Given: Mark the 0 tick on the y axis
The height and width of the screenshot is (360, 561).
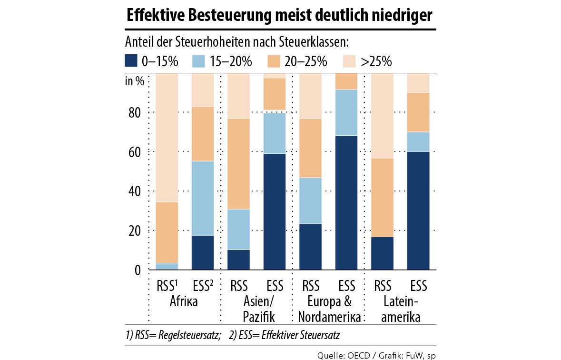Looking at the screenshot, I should click(x=138, y=270).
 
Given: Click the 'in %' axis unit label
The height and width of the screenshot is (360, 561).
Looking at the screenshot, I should click(x=135, y=80).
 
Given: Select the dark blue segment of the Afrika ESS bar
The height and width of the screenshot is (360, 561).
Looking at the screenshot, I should click(x=203, y=253).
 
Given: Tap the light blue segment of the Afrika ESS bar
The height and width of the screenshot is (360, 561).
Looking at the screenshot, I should click(x=203, y=199).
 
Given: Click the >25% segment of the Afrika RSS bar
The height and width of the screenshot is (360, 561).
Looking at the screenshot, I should click(x=167, y=138).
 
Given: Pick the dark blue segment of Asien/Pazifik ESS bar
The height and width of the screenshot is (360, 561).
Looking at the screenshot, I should click(x=275, y=211).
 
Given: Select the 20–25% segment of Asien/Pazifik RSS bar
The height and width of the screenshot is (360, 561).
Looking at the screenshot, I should click(x=238, y=163).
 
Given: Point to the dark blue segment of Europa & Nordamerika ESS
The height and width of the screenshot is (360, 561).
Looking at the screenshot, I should click(x=346, y=202).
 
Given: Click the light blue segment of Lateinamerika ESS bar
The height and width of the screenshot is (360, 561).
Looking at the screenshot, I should click(x=418, y=141).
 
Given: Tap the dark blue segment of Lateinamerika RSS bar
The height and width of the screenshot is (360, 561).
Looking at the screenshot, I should click(x=382, y=253).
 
